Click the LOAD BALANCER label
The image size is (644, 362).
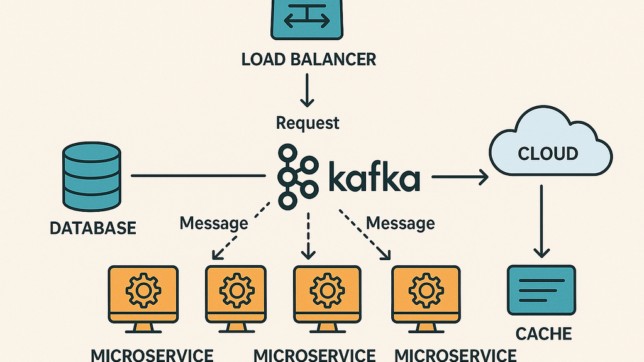click(308, 60)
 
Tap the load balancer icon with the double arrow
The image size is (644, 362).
click(308, 18)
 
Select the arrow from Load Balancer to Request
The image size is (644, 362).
click(308, 89)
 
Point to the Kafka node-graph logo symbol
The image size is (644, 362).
click(297, 175)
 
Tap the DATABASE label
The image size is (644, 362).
click(92, 228)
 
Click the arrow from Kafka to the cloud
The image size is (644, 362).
click(459, 178)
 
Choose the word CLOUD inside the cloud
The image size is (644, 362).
click(548, 153)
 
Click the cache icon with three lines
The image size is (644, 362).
click(541, 289)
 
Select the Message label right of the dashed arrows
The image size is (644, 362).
click(400, 222)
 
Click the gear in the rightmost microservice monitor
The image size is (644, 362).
click(426, 290)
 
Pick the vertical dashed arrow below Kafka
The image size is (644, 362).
click(308, 235)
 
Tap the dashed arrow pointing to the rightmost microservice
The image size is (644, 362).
click(364, 235)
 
